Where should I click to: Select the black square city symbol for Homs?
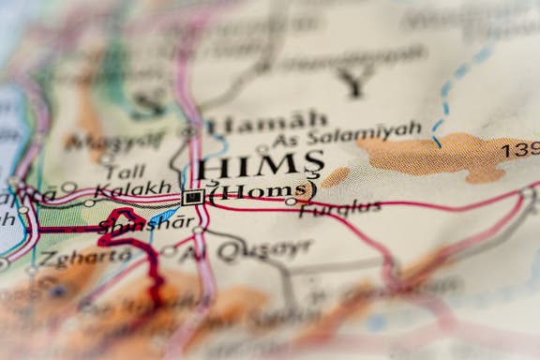[x=193, y=197]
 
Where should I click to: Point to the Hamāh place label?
[x=267, y=123]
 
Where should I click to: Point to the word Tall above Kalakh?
[x=125, y=171]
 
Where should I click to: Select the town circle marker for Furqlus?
[x=292, y=201]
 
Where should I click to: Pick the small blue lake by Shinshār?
[x=162, y=216]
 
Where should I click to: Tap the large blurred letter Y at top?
[x=352, y=82]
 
